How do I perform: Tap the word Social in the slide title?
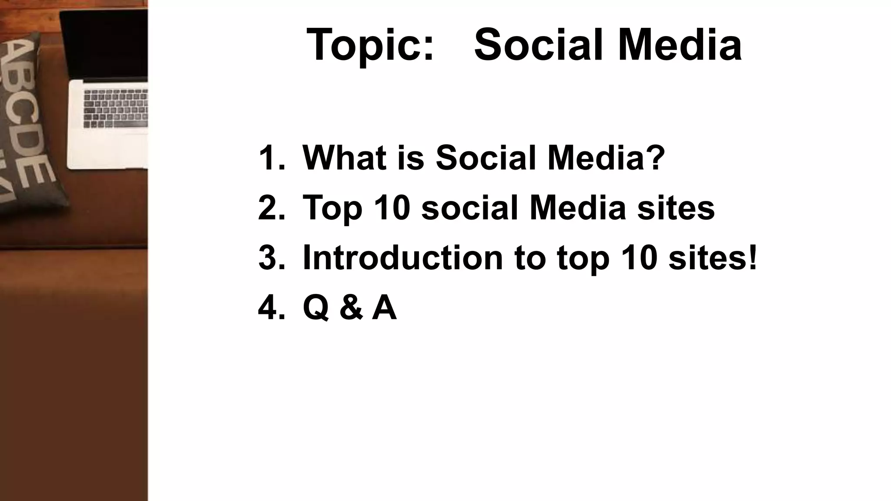539,45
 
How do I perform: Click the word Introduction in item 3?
402,257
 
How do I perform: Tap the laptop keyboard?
116,109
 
